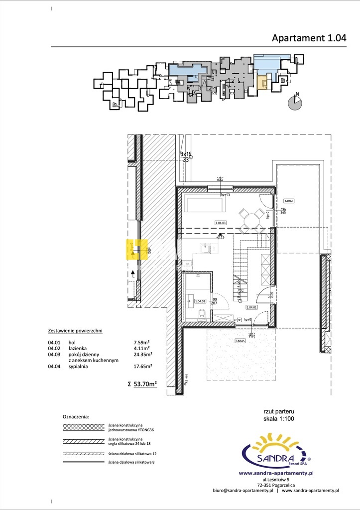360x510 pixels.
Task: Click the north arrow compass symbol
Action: click(x=295, y=102)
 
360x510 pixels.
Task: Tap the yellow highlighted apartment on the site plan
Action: click(x=262, y=82)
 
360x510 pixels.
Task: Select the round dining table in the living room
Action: click(x=251, y=220)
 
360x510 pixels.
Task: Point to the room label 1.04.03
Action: click(x=221, y=223)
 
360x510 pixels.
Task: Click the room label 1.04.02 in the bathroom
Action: click(x=200, y=301)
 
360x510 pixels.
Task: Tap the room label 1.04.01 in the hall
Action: click(x=251, y=307)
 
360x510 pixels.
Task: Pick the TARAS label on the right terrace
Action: click(x=289, y=201)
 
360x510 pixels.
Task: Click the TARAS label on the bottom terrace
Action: click(x=240, y=341)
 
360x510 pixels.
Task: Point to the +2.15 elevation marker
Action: click(x=221, y=237)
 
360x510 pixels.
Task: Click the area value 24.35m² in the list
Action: click(x=143, y=355)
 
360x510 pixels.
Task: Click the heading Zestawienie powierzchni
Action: click(x=75, y=331)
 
